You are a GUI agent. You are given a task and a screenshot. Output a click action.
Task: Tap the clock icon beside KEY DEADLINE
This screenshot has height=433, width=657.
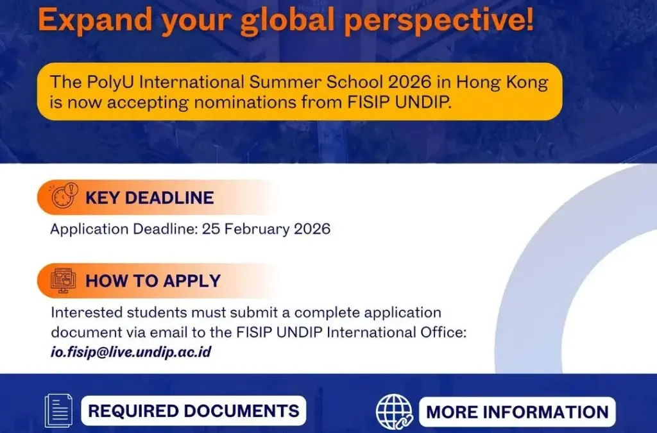tap(64, 196)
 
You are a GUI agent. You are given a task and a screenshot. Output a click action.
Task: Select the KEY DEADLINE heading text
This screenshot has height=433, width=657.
tap(149, 198)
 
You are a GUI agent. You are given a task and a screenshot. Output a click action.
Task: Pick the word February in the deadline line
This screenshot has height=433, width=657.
tap(255, 229)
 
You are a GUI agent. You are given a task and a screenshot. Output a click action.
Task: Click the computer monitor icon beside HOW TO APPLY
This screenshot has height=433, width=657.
tap(64, 280)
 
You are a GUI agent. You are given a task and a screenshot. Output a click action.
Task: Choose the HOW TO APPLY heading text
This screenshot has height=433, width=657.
tap(153, 281)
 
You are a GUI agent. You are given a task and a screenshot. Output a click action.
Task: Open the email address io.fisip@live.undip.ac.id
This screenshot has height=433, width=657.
tap(131, 352)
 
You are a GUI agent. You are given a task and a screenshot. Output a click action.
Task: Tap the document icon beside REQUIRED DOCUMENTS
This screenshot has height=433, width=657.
tap(58, 411)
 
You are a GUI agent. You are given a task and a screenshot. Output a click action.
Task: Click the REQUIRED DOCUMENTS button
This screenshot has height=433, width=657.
tap(193, 411)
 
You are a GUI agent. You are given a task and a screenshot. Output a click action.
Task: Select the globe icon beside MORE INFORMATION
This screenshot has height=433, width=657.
tap(394, 411)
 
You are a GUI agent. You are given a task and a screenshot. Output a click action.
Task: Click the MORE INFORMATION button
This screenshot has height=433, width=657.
tap(517, 411)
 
